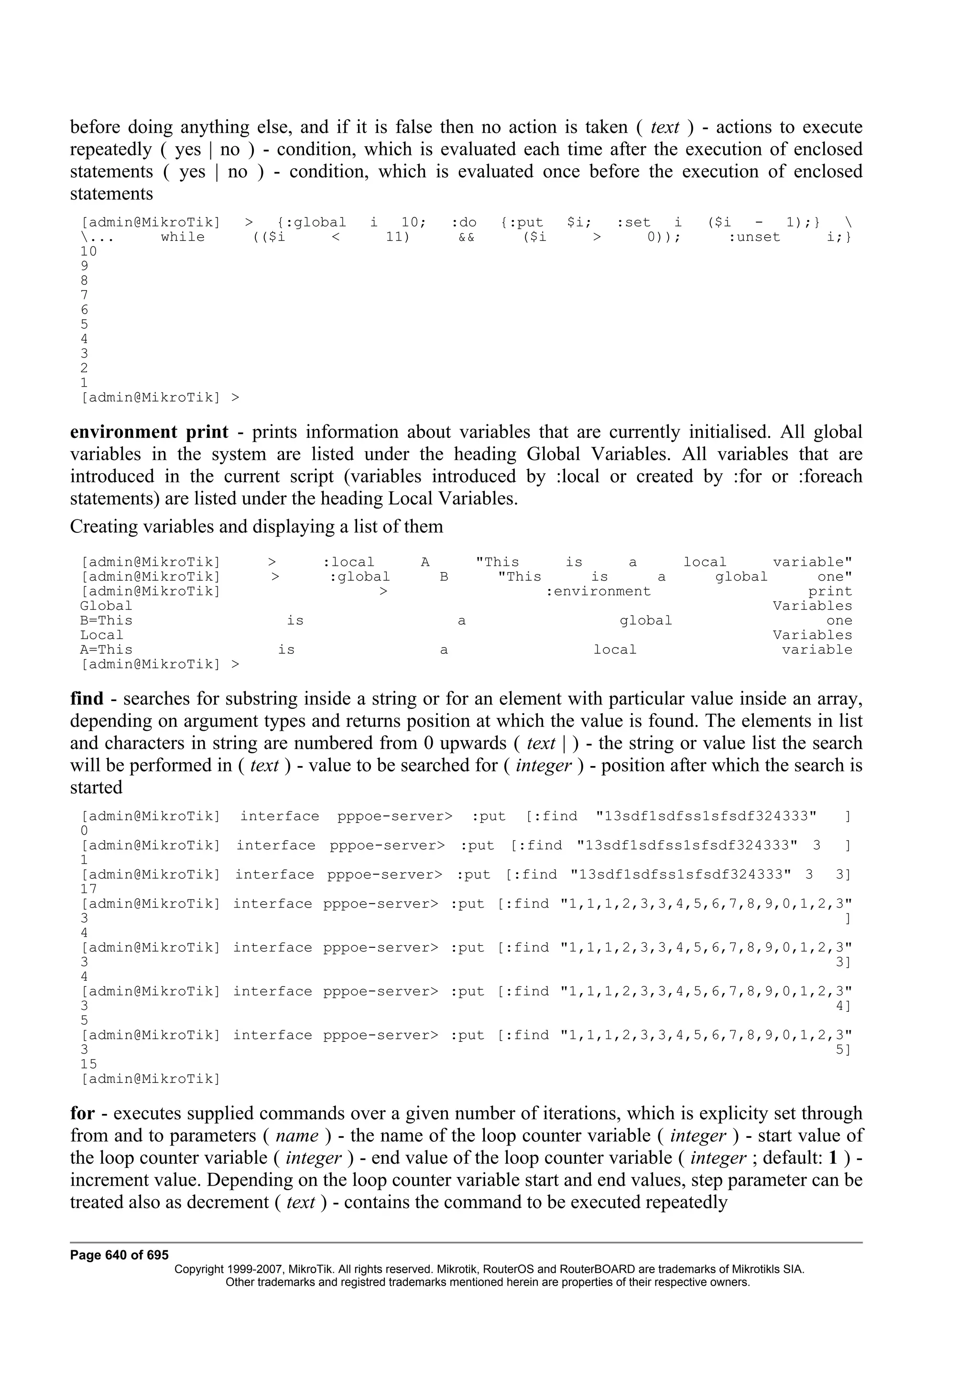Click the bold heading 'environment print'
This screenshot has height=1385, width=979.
point(149,432)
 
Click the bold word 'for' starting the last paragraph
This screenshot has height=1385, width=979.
point(83,1113)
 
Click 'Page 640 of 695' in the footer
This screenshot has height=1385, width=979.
point(120,1255)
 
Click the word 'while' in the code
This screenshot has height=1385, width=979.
point(183,237)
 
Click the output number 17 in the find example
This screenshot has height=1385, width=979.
point(88,889)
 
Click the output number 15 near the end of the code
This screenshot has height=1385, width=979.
point(88,1064)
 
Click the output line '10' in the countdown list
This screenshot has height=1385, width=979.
point(88,251)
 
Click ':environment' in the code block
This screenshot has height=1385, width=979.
point(598,591)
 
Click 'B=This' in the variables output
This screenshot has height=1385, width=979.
point(106,621)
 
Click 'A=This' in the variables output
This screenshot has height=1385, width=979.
point(106,649)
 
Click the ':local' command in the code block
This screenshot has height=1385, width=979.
point(348,562)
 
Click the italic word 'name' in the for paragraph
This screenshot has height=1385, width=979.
point(297,1135)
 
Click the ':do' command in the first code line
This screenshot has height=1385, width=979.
point(464,223)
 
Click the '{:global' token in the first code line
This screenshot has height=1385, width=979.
point(311,223)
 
